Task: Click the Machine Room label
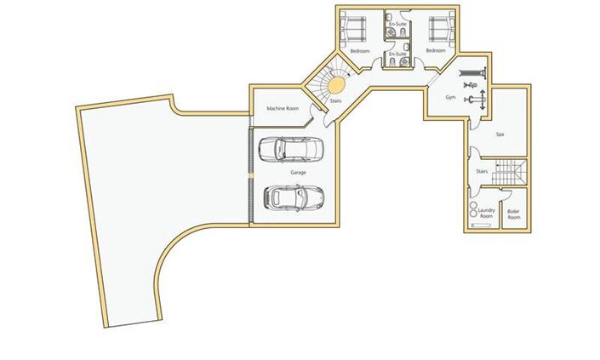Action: tap(282, 109)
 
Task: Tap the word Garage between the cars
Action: tap(298, 173)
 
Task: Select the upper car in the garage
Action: tap(290, 150)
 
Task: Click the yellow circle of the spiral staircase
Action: tap(336, 84)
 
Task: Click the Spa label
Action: tap(500, 134)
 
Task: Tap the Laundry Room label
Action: tap(487, 214)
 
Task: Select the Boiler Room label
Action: tap(514, 214)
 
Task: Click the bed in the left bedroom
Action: tap(351, 26)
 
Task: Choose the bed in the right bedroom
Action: tap(442, 26)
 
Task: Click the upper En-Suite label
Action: tap(397, 24)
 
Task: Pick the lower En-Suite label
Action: tap(397, 54)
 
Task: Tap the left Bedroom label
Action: tap(359, 51)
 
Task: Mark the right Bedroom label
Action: tap(435, 51)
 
